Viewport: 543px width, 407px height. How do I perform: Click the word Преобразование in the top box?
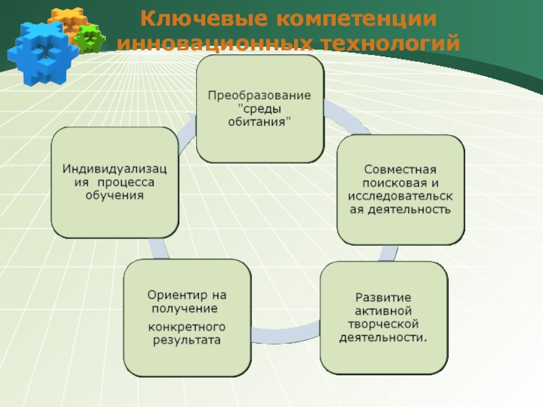[259, 95]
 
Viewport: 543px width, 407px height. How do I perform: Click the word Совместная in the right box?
[400, 170]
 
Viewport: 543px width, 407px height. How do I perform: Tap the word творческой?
[383, 324]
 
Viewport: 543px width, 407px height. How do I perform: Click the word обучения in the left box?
[115, 195]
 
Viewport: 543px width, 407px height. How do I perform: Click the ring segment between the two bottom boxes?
[285, 334]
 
